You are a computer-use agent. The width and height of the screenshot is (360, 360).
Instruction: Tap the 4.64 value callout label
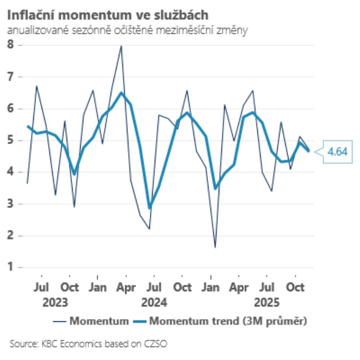[337, 152]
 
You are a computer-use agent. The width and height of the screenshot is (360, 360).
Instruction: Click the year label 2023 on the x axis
[55, 302]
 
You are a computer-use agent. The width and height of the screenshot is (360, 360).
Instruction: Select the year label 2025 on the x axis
[267, 302]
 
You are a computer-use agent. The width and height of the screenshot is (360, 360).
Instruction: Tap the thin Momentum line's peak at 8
[121, 46]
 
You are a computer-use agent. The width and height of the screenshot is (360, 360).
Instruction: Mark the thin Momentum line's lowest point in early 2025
[215, 247]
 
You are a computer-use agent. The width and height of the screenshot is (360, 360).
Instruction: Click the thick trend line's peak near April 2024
[121, 92]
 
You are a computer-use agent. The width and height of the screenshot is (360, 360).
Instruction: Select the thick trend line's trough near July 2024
[149, 208]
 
